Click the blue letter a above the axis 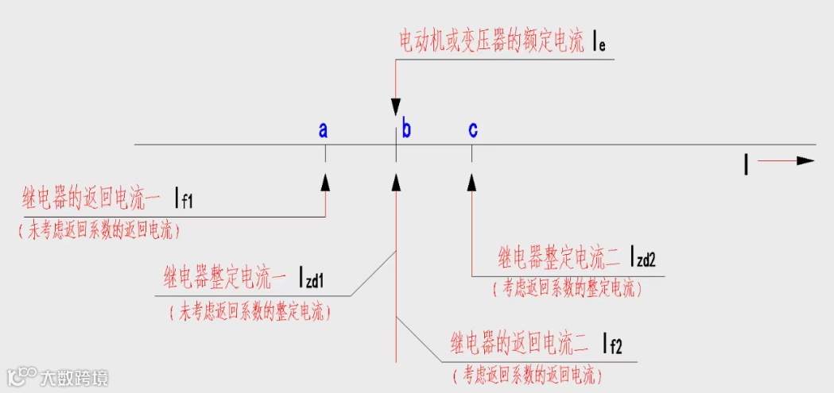pos(324,130)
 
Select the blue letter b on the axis pos(406,129)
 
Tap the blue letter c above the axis pos(473,129)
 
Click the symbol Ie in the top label pos(599,44)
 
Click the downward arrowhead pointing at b pos(396,107)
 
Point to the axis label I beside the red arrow pos(746,164)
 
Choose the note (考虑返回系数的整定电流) pos(568,290)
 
